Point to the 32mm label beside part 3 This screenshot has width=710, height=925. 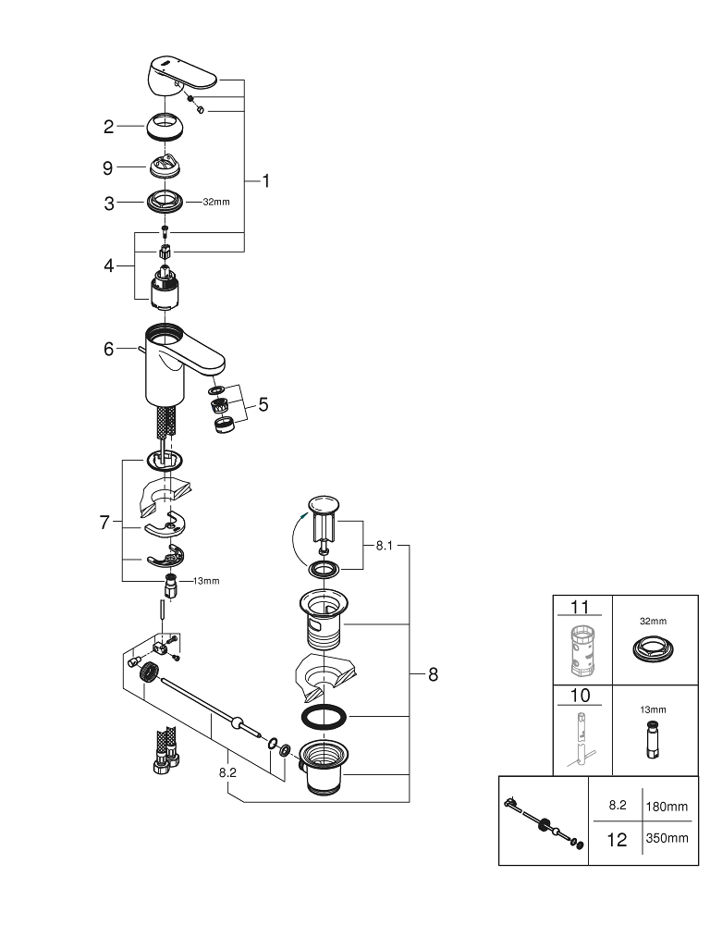pyautogui.click(x=216, y=202)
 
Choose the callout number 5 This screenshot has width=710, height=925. pyautogui.click(x=263, y=404)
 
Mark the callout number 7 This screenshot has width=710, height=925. pyautogui.click(x=104, y=523)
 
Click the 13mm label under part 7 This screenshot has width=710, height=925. pyautogui.click(x=206, y=581)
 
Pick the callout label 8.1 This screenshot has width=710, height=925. pyautogui.click(x=386, y=547)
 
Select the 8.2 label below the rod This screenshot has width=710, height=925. pyautogui.click(x=228, y=770)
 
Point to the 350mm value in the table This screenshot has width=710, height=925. pyautogui.click(x=666, y=839)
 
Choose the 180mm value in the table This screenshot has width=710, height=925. pyautogui.click(x=666, y=807)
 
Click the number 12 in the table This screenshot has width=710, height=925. pyautogui.click(x=617, y=840)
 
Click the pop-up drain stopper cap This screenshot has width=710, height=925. pyautogui.click(x=324, y=505)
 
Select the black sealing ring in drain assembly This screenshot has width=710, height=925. pyautogui.click(x=324, y=717)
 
